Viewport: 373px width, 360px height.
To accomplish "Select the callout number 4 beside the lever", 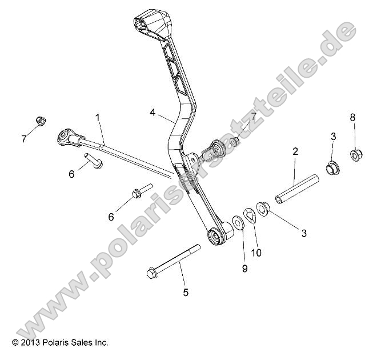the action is coord(153,113).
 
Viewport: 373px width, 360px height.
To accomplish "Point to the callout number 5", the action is coord(185,293).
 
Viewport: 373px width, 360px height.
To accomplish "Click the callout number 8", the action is coord(352,117).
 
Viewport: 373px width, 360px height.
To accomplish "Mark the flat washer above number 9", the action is coord(238,220).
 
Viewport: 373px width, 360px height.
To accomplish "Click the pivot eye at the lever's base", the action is coord(216,235).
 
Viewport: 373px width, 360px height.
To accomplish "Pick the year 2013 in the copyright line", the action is coord(30,343).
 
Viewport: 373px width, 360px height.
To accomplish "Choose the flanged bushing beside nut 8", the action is coord(332,169).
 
